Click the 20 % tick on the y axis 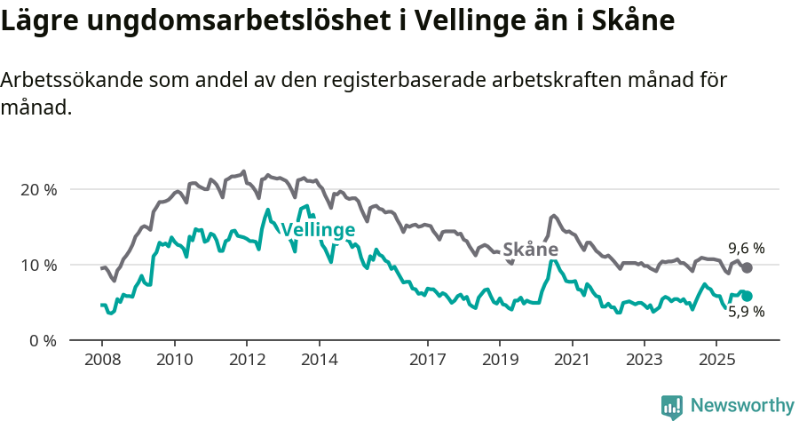point(37,189)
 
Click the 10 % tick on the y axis point(37,265)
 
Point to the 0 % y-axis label point(41,340)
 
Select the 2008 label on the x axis point(101,361)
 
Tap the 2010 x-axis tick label point(174,361)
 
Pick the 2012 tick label point(246,361)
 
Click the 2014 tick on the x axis point(319,361)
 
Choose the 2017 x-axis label point(427,361)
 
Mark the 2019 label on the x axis point(499,361)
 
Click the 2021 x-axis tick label point(572,361)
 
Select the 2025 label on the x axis point(716,361)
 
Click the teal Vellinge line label point(318,230)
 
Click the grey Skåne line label point(530,250)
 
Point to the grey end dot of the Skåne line point(748,267)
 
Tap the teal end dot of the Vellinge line point(748,296)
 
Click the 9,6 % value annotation point(747,248)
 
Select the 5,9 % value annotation point(747,312)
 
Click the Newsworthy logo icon point(672,406)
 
